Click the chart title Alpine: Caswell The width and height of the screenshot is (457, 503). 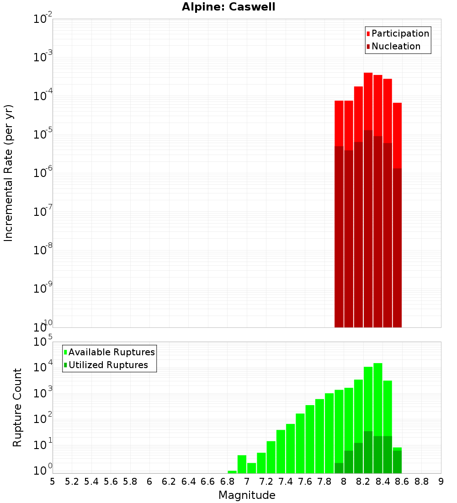228,7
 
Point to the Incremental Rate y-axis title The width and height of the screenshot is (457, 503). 9,173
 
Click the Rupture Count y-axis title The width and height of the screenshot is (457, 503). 17,407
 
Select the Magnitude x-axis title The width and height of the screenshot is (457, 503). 247,495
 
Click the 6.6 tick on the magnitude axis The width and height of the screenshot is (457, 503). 208,482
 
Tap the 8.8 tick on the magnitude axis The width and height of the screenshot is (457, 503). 421,482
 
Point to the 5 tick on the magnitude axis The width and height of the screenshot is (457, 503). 53,482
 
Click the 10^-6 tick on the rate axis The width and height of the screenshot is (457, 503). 42,173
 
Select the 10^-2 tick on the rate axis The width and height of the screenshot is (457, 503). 42,19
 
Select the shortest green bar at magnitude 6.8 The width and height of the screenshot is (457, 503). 232,472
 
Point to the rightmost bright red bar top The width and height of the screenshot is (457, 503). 397,103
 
